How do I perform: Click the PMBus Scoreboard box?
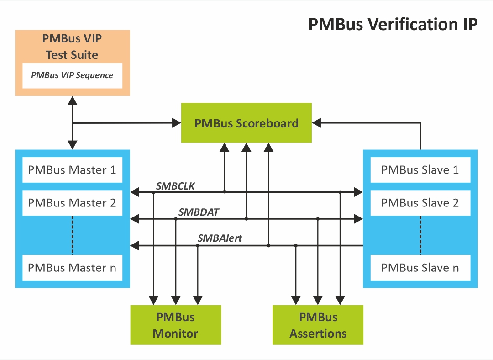pyautogui.click(x=246, y=123)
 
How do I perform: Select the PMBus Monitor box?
pyautogui.click(x=176, y=325)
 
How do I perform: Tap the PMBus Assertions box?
pyautogui.click(x=318, y=325)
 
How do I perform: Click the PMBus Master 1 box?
pyautogui.click(x=72, y=170)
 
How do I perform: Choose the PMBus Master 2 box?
pyautogui.click(x=72, y=203)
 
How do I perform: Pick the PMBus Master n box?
pyautogui.click(x=72, y=268)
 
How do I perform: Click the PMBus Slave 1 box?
pyautogui.click(x=420, y=170)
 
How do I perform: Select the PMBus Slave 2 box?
pyautogui.click(x=420, y=203)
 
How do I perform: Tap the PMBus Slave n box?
pyautogui.click(x=420, y=268)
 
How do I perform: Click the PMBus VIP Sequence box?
pyautogui.click(x=72, y=75)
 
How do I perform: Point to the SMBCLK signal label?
pyautogui.click(x=175, y=185)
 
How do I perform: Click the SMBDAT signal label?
pyautogui.click(x=199, y=212)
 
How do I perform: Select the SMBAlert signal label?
pyautogui.click(x=220, y=238)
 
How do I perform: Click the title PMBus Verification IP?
pyautogui.click(x=393, y=24)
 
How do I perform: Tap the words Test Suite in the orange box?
pyautogui.click(x=72, y=55)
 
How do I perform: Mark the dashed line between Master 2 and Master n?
pyautogui.click(x=72, y=235)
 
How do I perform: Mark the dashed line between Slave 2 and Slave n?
pyautogui.click(x=420, y=235)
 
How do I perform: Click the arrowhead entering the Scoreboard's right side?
pyautogui.click(x=316, y=123)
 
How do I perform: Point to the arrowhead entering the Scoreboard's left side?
pyautogui.click(x=176, y=123)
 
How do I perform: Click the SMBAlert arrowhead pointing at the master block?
pyautogui.click(x=134, y=246)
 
